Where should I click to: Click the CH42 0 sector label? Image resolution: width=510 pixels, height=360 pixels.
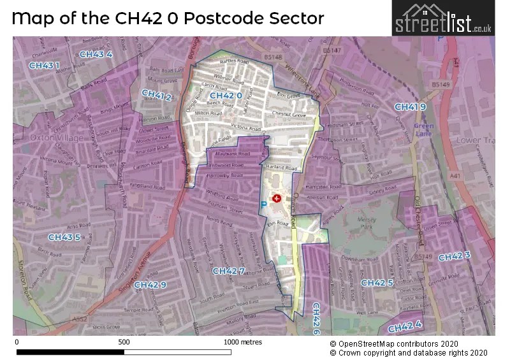[x=226, y=96]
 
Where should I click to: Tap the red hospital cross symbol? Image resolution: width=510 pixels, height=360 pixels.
[x=277, y=199]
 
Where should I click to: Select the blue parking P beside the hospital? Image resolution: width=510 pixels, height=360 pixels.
[x=263, y=205]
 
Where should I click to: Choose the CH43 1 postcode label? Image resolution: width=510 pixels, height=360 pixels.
[x=44, y=65]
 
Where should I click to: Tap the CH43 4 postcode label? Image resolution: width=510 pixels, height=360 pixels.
[x=96, y=54]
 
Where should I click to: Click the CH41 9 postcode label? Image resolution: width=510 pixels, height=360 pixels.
[x=410, y=106]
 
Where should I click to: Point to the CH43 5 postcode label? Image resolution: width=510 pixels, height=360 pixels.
[x=64, y=237]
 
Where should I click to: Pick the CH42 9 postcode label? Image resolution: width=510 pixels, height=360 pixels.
[x=150, y=284]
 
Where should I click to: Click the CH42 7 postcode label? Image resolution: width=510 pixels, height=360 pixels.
[x=228, y=271]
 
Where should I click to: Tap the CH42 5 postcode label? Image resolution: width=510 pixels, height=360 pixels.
[x=377, y=282]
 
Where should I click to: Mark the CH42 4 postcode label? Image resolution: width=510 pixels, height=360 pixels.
[x=405, y=328]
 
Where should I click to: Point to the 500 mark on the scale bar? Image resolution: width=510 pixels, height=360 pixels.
[x=124, y=342]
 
